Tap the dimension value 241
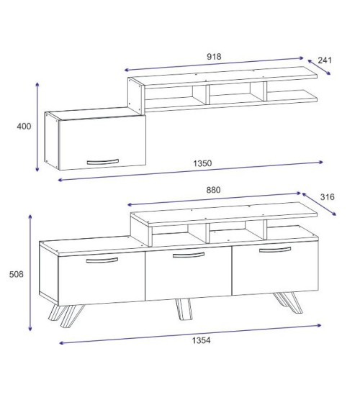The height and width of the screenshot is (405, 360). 324,60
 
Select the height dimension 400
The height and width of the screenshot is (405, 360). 24,127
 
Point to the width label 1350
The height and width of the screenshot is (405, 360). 202,163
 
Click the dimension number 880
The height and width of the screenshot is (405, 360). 213,191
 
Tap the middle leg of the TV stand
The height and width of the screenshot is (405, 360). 183,309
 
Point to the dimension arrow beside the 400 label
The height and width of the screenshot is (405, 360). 37,127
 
